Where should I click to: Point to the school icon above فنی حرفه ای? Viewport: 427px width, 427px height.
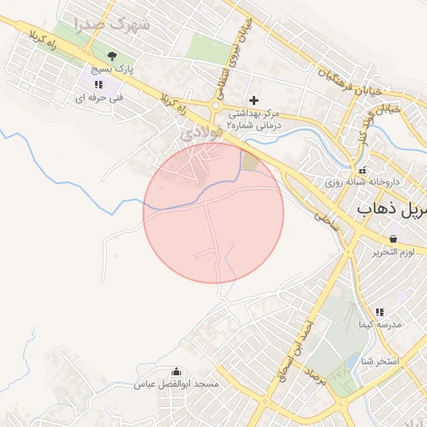[x=98, y=84]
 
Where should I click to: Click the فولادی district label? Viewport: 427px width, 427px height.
[x=203, y=133]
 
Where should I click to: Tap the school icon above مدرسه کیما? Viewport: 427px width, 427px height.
[x=379, y=311]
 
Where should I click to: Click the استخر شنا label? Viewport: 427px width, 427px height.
[x=380, y=361]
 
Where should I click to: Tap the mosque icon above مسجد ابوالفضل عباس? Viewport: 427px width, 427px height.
[x=176, y=372]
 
